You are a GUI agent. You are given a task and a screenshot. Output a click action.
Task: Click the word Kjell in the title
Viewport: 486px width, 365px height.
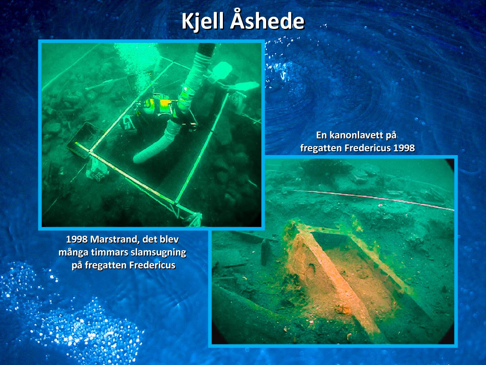203,22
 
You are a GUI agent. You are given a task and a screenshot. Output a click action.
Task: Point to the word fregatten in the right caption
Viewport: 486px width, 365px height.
322,148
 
